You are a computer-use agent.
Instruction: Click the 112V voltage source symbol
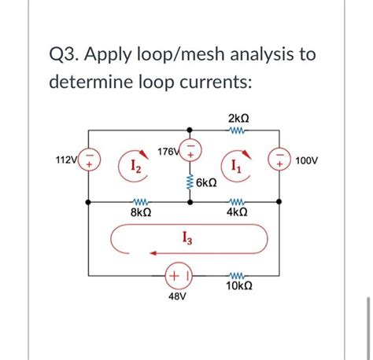pyautogui.click(x=90, y=162)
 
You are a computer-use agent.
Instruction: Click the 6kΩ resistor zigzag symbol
pyautogui.click(x=189, y=182)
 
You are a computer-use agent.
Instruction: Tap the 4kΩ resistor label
pyautogui.click(x=237, y=212)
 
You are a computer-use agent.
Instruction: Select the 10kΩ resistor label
pyautogui.click(x=238, y=288)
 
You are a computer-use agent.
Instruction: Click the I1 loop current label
pyautogui.click(x=237, y=166)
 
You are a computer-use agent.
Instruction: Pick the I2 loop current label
pyautogui.click(x=135, y=166)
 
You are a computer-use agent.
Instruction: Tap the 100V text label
pyautogui.click(x=306, y=160)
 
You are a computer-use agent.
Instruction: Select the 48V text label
pyautogui.click(x=177, y=299)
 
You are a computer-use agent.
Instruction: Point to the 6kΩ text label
pyautogui.click(x=208, y=183)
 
